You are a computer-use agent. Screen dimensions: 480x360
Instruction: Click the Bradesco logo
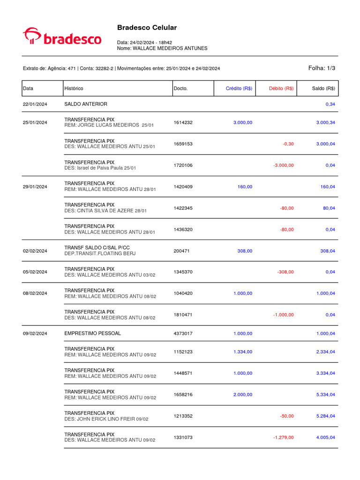62,37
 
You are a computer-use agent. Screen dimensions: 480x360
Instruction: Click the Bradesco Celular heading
147,28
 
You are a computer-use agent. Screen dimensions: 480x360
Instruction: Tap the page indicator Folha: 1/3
322,68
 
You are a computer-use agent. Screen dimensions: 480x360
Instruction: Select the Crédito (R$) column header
239,88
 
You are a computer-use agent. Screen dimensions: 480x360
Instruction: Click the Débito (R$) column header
281,88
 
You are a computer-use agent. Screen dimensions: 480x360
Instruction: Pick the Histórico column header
74,88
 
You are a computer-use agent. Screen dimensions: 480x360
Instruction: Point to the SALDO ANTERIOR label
85,104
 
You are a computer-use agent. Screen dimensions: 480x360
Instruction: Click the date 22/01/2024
35,104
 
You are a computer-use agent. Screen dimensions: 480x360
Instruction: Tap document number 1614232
183,122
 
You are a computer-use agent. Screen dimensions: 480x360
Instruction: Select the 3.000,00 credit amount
243,122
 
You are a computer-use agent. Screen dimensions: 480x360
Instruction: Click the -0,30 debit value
288,144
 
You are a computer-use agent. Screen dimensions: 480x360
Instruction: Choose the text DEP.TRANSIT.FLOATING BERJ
99,254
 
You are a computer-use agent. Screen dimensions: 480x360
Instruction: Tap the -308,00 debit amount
285,272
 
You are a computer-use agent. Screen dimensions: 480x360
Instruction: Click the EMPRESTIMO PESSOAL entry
92,333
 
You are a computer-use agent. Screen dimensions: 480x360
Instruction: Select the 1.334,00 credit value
243,352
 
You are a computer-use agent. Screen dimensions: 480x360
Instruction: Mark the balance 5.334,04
325,395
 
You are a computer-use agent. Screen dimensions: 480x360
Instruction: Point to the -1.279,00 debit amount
283,437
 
